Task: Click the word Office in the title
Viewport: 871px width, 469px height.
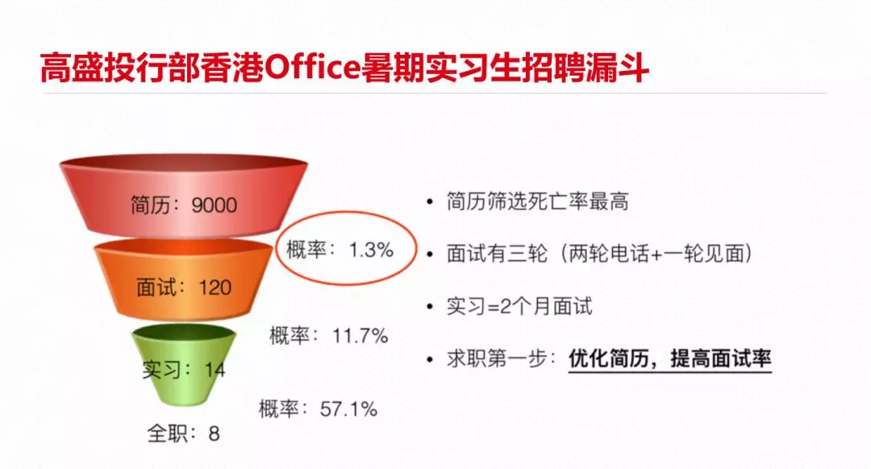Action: pos(312,68)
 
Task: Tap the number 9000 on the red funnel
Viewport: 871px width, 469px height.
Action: pos(215,205)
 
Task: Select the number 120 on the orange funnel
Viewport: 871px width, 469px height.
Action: pos(215,288)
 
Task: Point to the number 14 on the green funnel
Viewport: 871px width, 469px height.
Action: pos(215,370)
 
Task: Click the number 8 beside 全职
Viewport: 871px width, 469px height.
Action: pos(214,434)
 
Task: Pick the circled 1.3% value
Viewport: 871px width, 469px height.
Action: pos(371,250)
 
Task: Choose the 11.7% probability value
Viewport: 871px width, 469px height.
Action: pos(360,336)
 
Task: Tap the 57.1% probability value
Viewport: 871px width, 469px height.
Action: pos(349,409)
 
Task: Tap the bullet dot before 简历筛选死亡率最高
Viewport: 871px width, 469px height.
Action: pos(429,201)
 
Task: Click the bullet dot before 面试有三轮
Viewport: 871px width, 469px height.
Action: pos(429,254)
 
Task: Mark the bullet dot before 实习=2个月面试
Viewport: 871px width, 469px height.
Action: pos(429,306)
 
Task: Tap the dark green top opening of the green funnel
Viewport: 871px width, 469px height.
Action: pos(184,332)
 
